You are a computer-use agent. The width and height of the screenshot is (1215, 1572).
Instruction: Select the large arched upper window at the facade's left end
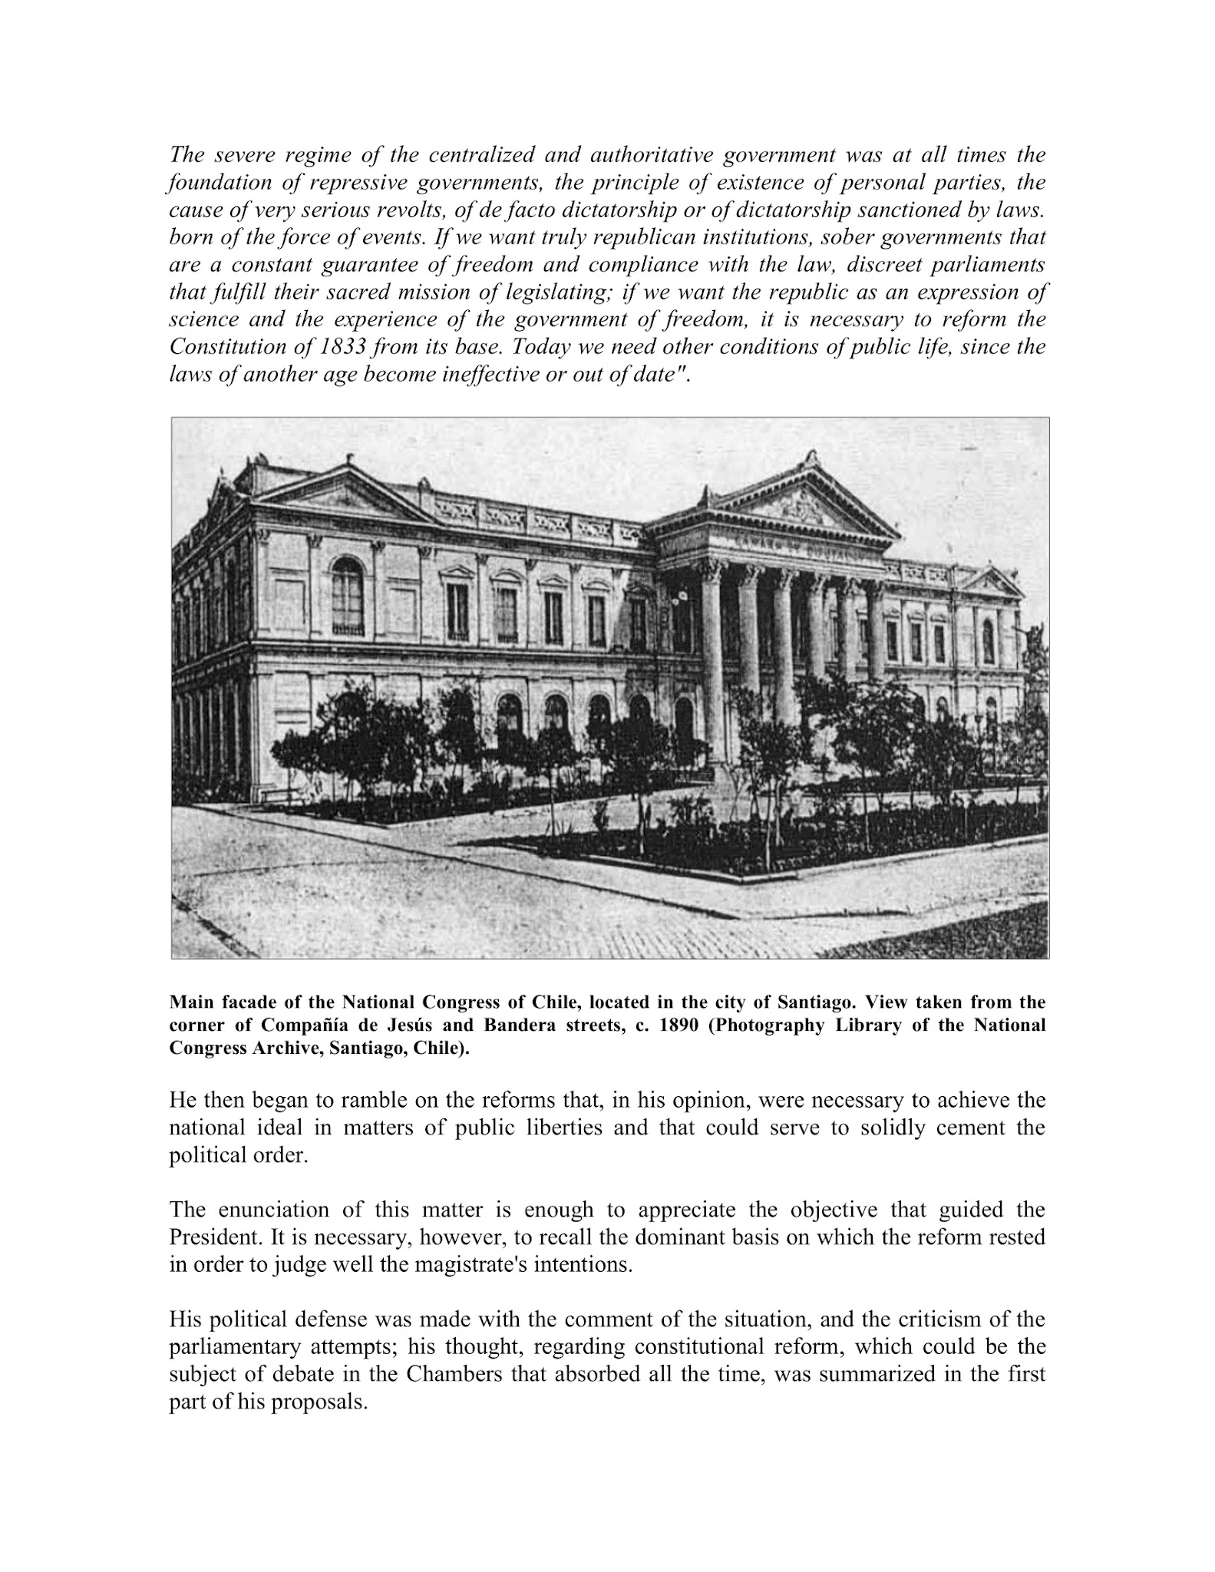coord(348,596)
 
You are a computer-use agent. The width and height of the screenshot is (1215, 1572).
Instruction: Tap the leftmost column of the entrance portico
coord(714,664)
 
